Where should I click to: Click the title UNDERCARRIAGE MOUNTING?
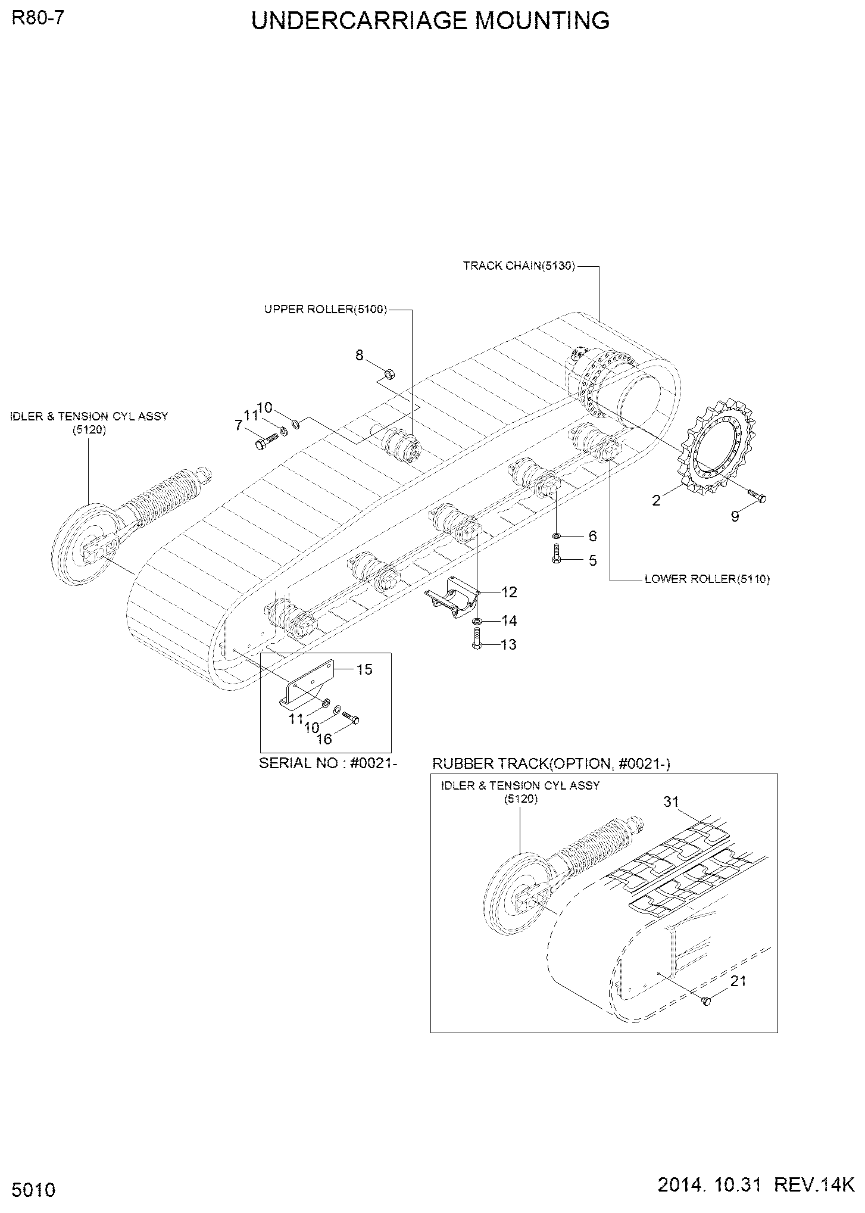click(x=430, y=21)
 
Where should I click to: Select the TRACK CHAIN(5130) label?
click(x=519, y=266)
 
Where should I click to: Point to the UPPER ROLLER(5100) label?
click(x=326, y=309)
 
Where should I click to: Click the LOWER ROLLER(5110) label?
click(x=707, y=579)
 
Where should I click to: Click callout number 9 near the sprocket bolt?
click(x=735, y=517)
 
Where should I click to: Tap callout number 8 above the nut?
click(x=359, y=356)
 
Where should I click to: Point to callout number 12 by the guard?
click(x=509, y=592)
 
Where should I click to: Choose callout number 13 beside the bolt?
click(x=508, y=645)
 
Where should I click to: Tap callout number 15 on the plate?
click(x=364, y=669)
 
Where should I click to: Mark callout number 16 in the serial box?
click(x=323, y=739)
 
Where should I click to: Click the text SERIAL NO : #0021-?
click(x=328, y=763)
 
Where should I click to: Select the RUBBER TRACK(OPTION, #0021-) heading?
click(x=551, y=764)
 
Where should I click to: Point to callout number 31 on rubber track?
click(x=671, y=802)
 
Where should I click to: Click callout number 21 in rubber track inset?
click(x=738, y=981)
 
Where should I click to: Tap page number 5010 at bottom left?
click(x=33, y=1190)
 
